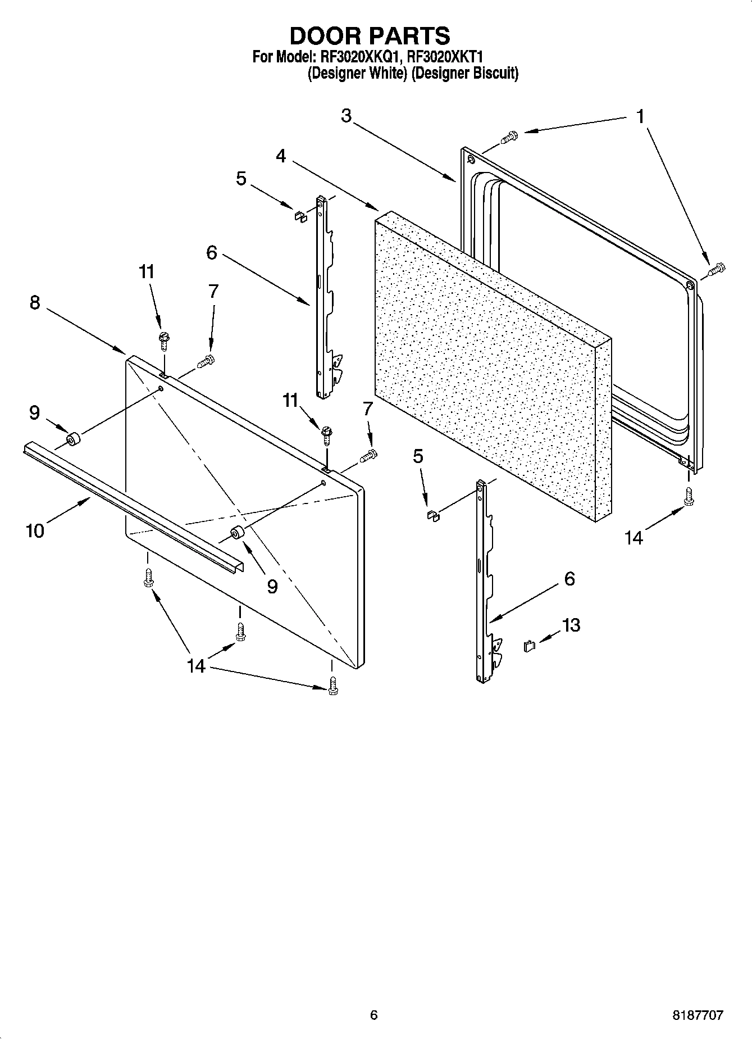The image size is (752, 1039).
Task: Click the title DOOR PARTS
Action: [370, 36]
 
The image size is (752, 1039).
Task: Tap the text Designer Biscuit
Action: [464, 74]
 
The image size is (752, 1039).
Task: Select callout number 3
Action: [346, 116]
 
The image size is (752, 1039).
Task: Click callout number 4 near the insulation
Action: [281, 156]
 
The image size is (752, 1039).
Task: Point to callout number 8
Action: [35, 303]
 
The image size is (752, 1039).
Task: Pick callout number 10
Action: [35, 530]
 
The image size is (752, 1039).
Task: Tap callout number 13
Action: [571, 625]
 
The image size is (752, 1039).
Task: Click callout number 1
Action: [640, 117]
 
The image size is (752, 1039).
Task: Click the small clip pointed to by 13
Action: [529, 646]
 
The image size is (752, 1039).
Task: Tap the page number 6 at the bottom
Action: [374, 1015]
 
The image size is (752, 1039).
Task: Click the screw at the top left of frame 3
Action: [510, 136]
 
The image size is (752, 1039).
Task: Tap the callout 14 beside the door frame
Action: [633, 538]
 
